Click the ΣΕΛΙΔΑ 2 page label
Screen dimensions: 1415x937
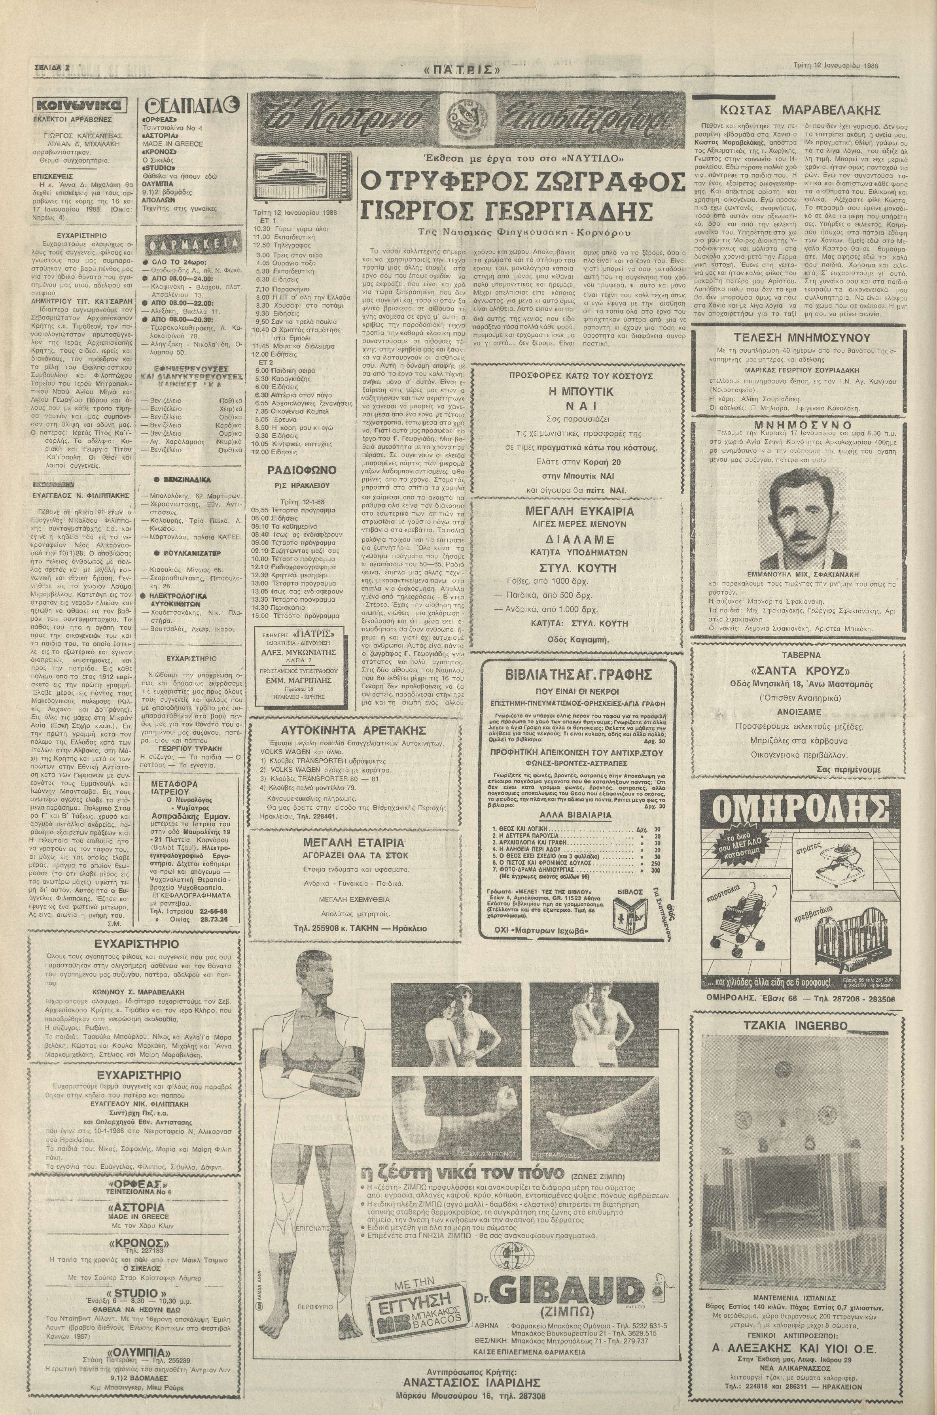tap(49, 68)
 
